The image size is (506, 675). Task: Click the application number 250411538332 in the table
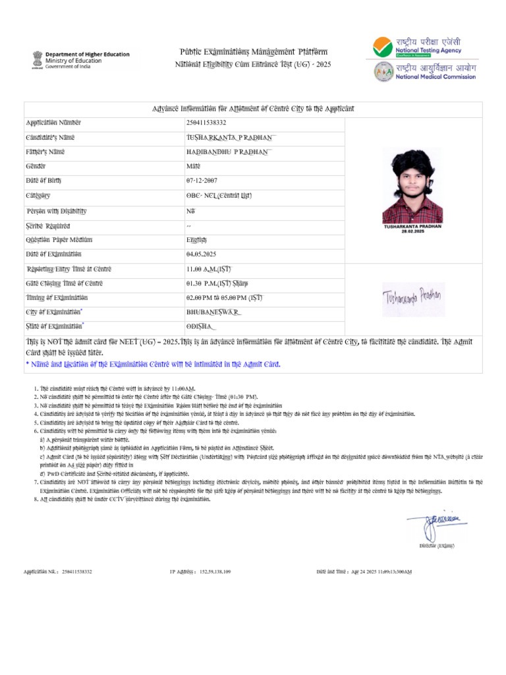click(206, 123)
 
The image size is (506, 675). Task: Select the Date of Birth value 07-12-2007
click(202, 180)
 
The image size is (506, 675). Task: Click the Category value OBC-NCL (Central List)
click(219, 196)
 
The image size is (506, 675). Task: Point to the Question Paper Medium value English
click(196, 239)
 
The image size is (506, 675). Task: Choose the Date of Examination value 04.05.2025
click(202, 254)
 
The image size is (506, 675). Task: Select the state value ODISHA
click(202, 327)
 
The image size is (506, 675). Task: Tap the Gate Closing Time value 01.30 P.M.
click(217, 283)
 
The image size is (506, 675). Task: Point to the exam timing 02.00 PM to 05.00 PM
click(224, 298)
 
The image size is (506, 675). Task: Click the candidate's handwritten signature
click(412, 300)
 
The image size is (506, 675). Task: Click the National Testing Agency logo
click(419, 45)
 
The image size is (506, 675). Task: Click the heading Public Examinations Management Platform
click(254, 52)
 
